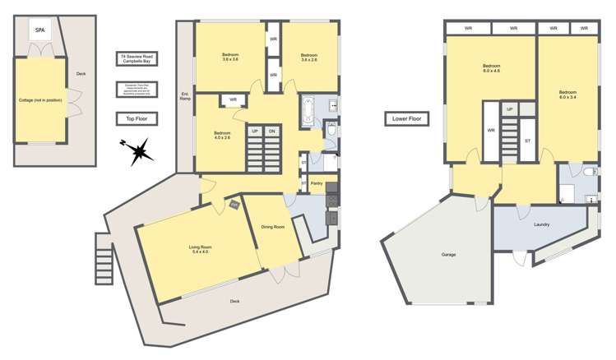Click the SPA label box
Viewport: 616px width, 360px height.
pyautogui.click(x=39, y=30)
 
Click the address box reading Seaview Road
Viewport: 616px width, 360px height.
pyautogui.click(x=137, y=59)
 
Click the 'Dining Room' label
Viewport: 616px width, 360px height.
pyautogui.click(x=273, y=227)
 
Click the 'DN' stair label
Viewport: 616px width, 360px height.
pyautogui.click(x=272, y=132)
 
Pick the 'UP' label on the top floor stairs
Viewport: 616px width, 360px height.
pyautogui.click(x=254, y=132)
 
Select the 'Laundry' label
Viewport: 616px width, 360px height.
pyautogui.click(x=541, y=224)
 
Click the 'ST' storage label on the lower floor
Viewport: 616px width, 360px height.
pyautogui.click(x=527, y=141)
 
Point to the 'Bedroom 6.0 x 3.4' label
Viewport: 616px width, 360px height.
pyautogui.click(x=567, y=95)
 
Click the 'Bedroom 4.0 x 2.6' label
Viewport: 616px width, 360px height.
pyautogui.click(x=223, y=136)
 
